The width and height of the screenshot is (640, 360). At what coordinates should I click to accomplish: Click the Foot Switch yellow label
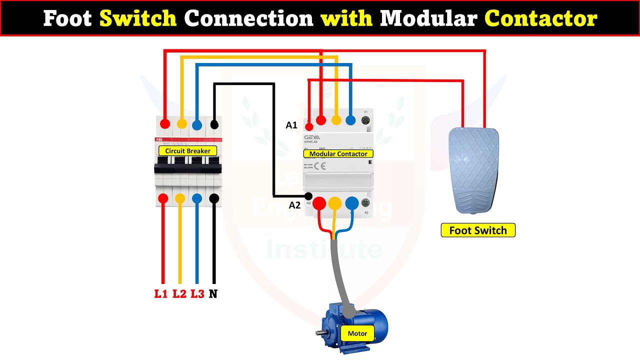pyautogui.click(x=477, y=230)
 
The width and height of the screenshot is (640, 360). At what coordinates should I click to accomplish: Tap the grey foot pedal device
pyautogui.click(x=473, y=170)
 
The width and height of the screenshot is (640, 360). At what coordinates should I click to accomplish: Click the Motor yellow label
pyautogui.click(x=357, y=333)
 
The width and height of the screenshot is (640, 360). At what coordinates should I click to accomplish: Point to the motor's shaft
pyautogui.click(x=320, y=332)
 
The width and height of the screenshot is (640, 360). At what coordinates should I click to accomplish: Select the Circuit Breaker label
pyautogui.click(x=188, y=150)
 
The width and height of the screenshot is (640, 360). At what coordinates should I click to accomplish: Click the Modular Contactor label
pyautogui.click(x=338, y=154)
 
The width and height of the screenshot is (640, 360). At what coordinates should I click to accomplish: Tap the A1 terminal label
pyautogui.click(x=291, y=125)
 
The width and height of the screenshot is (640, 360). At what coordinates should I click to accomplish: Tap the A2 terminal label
pyautogui.click(x=294, y=205)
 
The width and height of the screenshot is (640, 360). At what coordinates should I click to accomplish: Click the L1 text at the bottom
pyautogui.click(x=160, y=294)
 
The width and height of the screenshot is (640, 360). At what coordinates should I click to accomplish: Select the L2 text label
pyautogui.click(x=179, y=294)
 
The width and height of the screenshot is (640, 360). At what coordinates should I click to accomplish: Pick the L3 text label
pyautogui.click(x=197, y=294)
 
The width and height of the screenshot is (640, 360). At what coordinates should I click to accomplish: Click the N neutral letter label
pyautogui.click(x=213, y=294)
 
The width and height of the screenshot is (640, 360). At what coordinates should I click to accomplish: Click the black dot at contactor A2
pyautogui.click(x=308, y=196)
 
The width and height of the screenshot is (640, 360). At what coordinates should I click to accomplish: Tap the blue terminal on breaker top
pyautogui.click(x=197, y=124)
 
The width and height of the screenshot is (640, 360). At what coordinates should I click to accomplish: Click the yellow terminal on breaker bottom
pyautogui.click(x=180, y=198)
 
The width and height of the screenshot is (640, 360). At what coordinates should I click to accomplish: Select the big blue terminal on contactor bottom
pyautogui.click(x=352, y=203)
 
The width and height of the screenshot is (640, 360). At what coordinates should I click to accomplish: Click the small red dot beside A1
pyautogui.click(x=309, y=127)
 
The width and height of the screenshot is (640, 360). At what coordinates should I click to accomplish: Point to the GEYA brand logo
pyautogui.click(x=311, y=136)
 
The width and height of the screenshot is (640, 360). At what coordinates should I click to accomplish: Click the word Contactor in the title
pyautogui.click(x=540, y=19)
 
